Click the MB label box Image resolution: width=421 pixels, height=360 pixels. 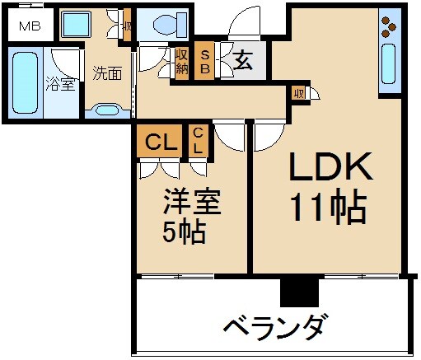29,26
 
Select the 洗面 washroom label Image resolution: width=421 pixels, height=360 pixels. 107,72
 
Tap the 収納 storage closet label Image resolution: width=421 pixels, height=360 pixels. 182,61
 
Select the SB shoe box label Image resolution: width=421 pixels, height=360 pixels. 205,61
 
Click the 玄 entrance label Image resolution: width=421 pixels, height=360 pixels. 244,60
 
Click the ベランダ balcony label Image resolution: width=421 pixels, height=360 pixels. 277,325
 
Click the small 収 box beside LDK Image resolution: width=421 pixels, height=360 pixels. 299,93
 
